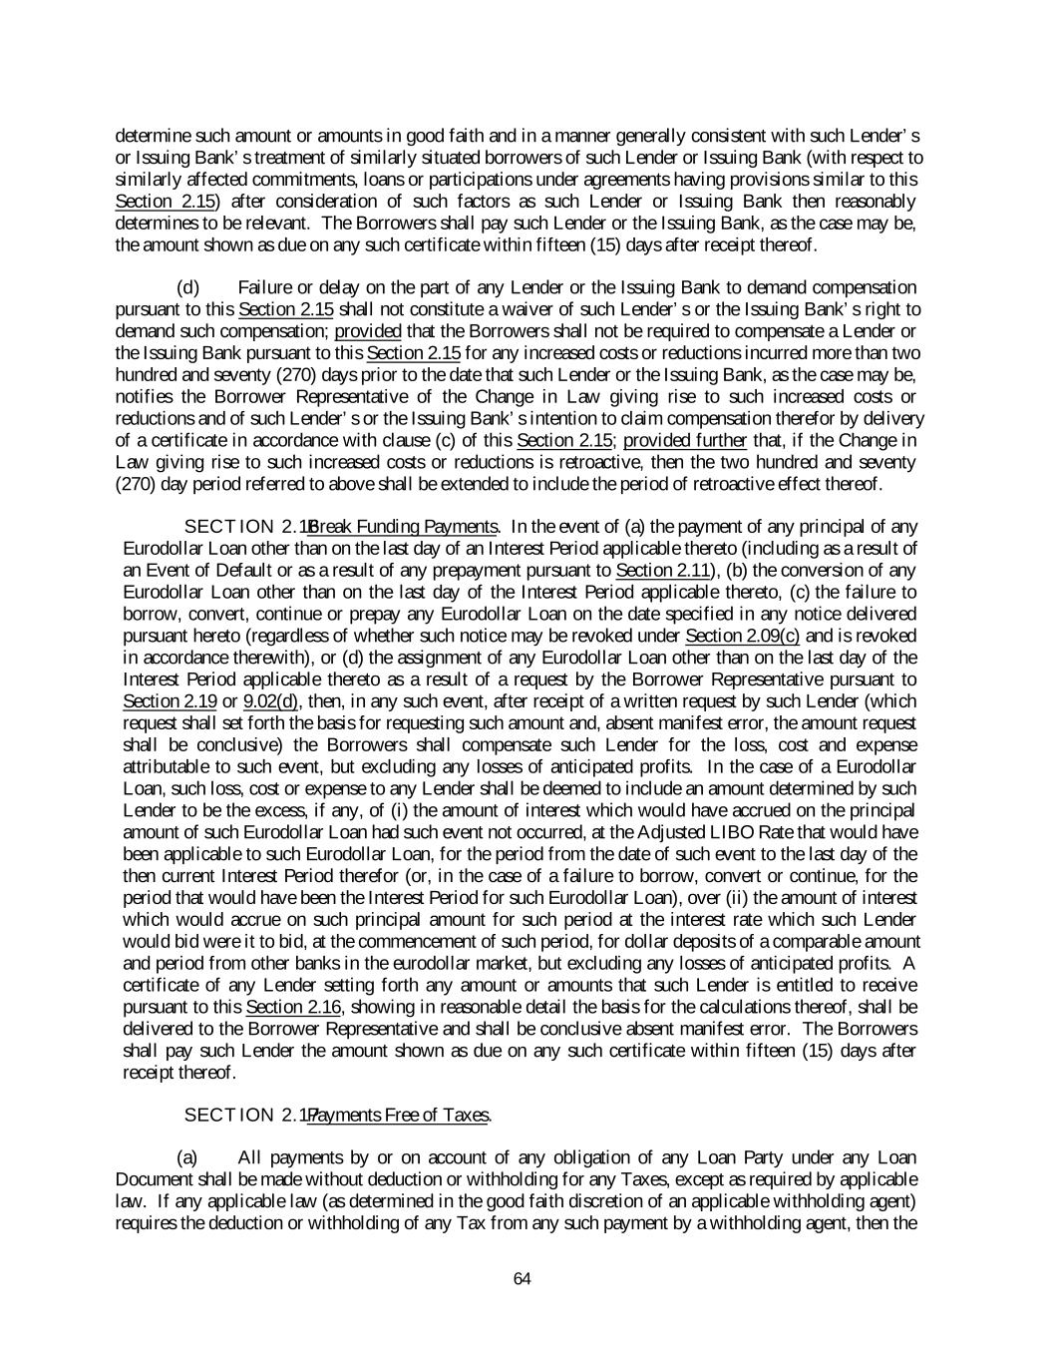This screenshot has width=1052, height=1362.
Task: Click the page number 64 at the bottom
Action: click(522, 1279)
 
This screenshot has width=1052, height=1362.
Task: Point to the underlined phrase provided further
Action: click(685, 441)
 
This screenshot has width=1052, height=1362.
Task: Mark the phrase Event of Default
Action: click(203, 571)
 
